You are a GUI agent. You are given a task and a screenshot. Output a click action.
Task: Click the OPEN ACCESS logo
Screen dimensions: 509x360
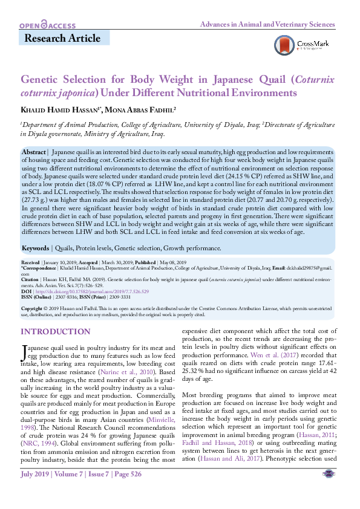tap(47, 25)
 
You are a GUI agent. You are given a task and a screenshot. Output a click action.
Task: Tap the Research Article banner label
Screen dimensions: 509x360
tap(62, 39)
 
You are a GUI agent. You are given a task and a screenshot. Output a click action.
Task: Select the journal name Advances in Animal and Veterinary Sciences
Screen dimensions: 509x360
tap(267, 25)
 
